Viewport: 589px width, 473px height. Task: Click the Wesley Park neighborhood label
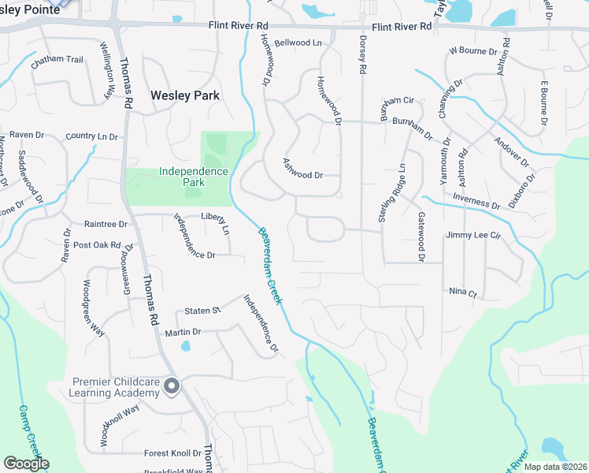click(x=185, y=95)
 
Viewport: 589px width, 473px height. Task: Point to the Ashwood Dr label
click(x=303, y=169)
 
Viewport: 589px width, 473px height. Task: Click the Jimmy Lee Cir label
click(x=473, y=235)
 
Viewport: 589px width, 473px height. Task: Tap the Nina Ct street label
click(x=463, y=292)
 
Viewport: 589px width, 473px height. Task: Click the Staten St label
click(x=203, y=311)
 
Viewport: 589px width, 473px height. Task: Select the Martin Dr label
click(x=183, y=333)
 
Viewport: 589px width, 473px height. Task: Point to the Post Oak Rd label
click(x=97, y=246)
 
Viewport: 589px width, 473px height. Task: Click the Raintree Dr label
click(x=106, y=224)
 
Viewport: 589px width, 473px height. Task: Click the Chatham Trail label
click(x=57, y=60)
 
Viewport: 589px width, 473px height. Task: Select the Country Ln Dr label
click(x=92, y=136)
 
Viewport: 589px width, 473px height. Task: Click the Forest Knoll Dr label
click(x=173, y=453)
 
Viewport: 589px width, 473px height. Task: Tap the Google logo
click(x=26, y=464)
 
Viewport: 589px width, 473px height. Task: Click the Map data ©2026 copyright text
click(x=554, y=467)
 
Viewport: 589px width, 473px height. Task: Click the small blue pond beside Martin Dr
click(x=186, y=345)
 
